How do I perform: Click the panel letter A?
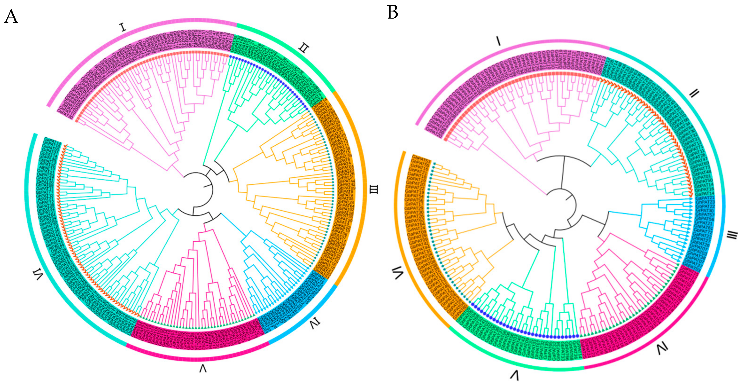[x=11, y=16]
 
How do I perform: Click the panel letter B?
[x=392, y=12]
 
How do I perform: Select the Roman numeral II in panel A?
[x=304, y=48]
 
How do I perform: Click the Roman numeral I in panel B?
[x=498, y=41]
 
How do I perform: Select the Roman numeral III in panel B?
[x=732, y=235]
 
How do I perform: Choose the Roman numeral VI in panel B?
[x=397, y=273]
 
